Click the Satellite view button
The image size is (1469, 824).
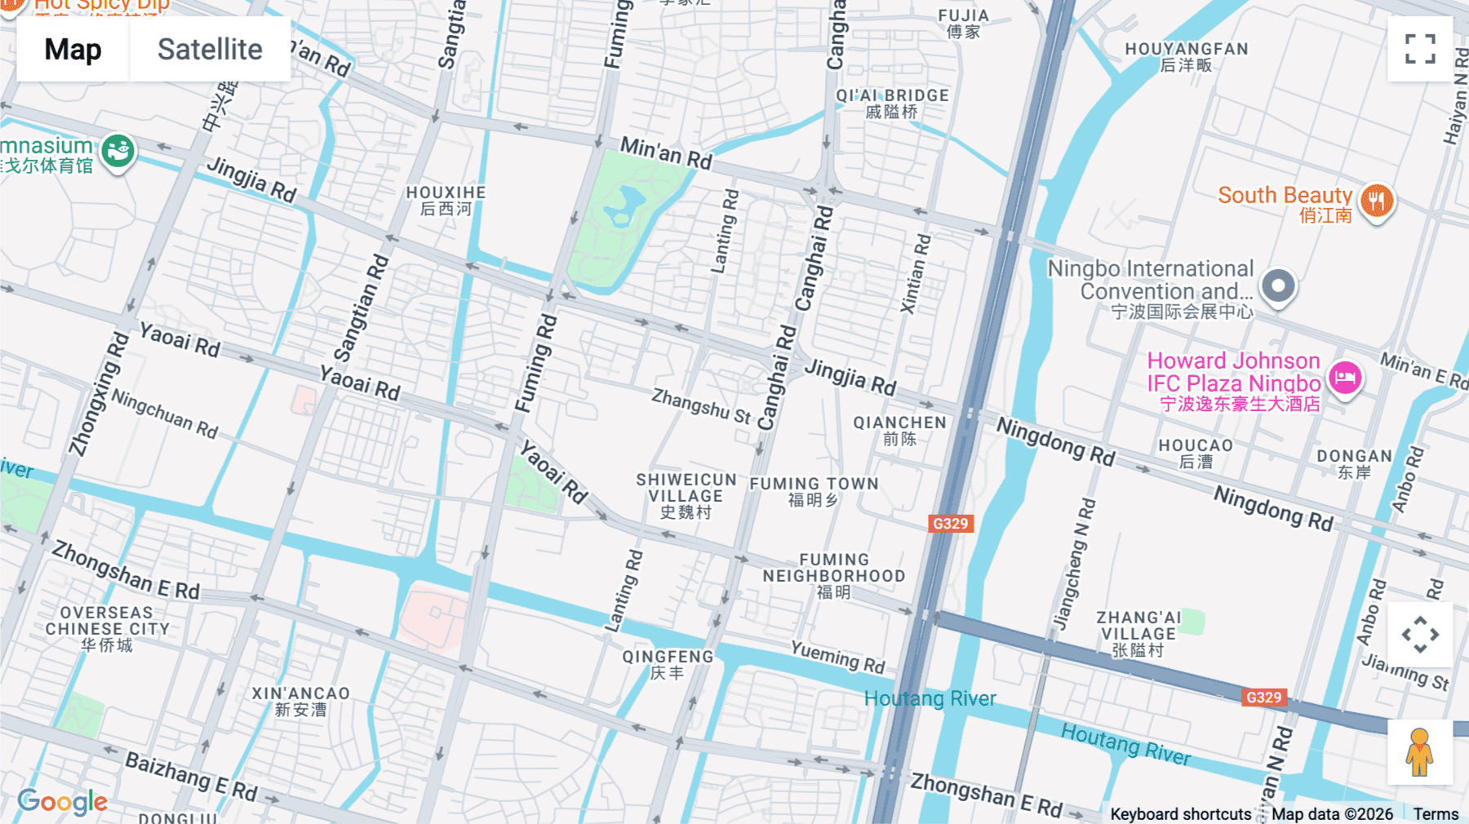click(210, 50)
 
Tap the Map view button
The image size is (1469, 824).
click(73, 50)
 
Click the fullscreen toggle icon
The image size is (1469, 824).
click(1420, 49)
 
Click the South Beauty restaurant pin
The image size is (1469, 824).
click(1377, 200)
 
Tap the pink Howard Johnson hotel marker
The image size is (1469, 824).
click(1345, 377)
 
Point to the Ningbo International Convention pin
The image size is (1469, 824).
click(1278, 286)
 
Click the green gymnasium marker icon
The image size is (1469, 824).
click(118, 151)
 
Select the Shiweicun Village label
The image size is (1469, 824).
click(686, 495)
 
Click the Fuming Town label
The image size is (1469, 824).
click(814, 490)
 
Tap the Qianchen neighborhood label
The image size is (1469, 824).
click(899, 430)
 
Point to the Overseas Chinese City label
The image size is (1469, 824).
click(107, 628)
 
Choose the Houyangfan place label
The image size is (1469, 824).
click(1187, 56)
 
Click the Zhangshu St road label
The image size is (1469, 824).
click(700, 405)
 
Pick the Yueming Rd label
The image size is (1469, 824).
click(837, 657)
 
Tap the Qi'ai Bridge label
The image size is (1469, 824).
click(892, 103)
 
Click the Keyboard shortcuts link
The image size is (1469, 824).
click(1180, 813)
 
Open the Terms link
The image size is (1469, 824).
click(1436, 813)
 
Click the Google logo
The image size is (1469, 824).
click(62, 801)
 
